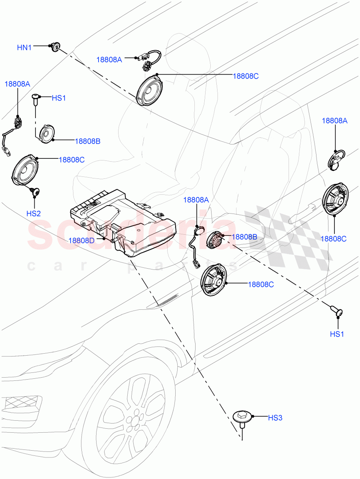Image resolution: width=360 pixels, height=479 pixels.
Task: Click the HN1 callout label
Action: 24,48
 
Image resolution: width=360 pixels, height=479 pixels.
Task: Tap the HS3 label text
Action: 275,418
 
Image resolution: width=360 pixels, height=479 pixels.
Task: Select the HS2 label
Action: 34,214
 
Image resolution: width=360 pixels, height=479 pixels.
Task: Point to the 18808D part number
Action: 81,240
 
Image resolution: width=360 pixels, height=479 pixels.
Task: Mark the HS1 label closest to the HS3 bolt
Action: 336,334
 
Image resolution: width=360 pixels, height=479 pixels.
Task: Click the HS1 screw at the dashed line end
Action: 337,311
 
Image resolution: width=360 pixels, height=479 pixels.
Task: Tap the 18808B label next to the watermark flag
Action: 244,237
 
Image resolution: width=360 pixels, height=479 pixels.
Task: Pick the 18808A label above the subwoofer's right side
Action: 196,200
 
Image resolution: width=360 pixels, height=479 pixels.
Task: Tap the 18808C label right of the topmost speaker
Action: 245,76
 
